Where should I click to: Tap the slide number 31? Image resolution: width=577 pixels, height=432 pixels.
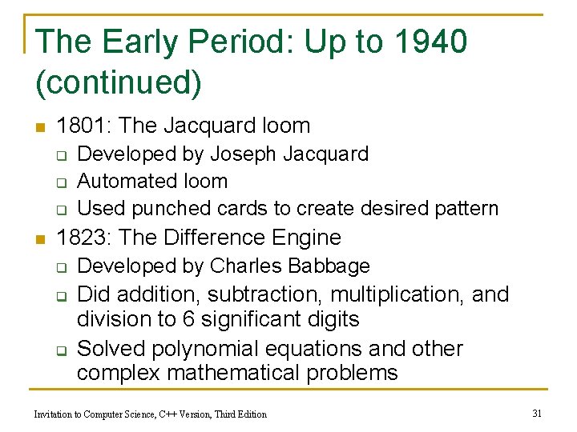click(537, 413)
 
